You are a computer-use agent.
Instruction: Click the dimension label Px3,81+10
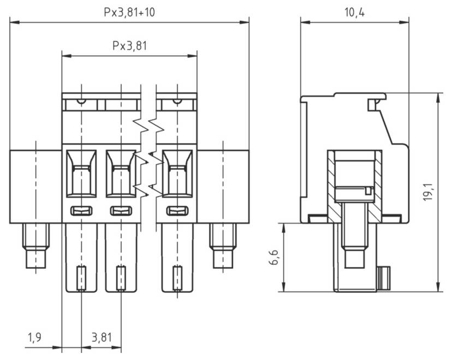(x=129, y=12)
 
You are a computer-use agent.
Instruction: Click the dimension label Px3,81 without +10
(x=129, y=46)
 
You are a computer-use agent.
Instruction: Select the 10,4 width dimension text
(x=355, y=12)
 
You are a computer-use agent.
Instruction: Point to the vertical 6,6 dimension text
(x=274, y=257)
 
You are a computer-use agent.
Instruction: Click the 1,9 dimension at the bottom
(x=34, y=338)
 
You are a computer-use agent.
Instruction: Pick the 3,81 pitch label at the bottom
(x=102, y=338)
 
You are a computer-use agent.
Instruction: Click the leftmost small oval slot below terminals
(x=81, y=210)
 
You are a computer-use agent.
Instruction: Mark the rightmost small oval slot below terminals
(x=177, y=210)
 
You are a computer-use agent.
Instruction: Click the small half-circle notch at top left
(x=81, y=101)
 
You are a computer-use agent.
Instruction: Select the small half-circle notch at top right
(x=176, y=101)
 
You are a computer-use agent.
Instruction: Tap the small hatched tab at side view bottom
(x=384, y=279)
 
